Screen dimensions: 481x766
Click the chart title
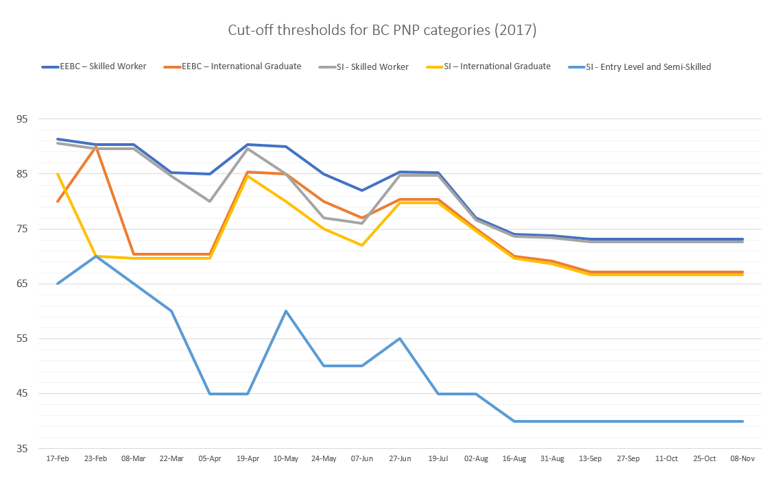(383, 31)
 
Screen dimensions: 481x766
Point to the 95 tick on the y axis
(22, 119)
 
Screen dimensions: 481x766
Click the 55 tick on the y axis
(22, 338)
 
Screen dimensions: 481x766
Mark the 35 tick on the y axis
(22, 449)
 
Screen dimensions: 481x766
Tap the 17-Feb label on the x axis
(58, 458)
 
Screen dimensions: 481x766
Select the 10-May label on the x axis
(285, 458)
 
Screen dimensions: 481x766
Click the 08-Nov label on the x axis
(743, 458)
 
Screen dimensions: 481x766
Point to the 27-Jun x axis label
(400, 458)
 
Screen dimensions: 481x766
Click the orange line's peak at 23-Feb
(96, 146)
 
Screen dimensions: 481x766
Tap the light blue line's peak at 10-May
(285, 311)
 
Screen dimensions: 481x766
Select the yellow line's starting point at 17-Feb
(58, 173)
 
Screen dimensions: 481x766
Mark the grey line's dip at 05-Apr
(210, 201)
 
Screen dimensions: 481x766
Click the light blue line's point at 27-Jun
(400, 338)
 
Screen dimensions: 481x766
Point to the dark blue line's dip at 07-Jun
(362, 190)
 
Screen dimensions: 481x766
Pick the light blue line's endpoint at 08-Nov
(743, 421)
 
